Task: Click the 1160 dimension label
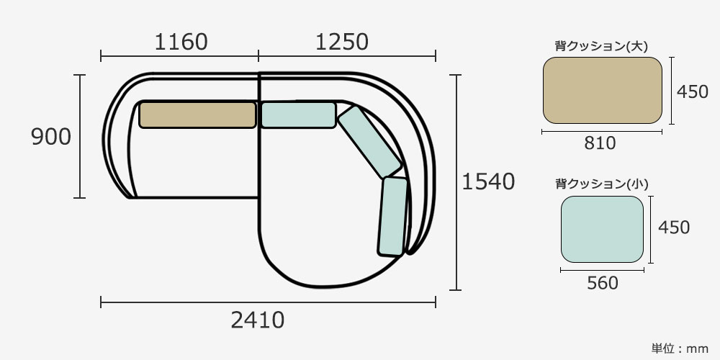tap(181, 42)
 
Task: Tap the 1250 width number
tap(342, 42)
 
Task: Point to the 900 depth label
tap(51, 138)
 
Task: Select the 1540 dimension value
tap(488, 182)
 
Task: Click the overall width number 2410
tap(258, 320)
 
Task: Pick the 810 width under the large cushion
tap(600, 143)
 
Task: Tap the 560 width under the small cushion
tap(603, 283)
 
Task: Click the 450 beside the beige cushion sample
tap(693, 92)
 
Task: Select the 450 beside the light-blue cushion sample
tap(674, 228)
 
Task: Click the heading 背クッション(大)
tap(601, 46)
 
